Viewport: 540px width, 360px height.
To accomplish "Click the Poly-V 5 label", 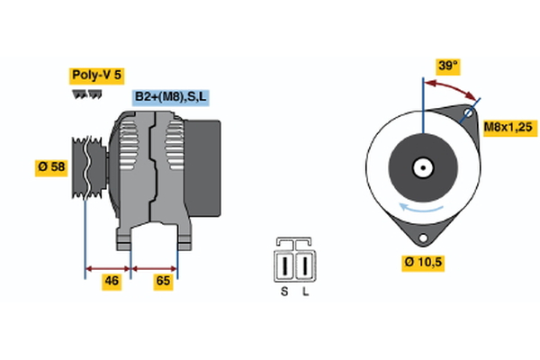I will (x=96, y=76).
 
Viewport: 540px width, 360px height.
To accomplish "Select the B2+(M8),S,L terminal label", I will (x=171, y=97).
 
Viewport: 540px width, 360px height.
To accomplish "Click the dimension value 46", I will (x=110, y=282).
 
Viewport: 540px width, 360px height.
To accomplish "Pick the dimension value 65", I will (x=163, y=282).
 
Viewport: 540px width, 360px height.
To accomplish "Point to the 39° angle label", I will (x=447, y=66).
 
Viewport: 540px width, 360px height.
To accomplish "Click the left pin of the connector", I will (x=286, y=265).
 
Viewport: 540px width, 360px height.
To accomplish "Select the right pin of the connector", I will (x=305, y=265).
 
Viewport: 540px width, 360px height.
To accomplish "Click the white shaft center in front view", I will (x=421, y=166).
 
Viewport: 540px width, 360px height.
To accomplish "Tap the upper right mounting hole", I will (x=467, y=115).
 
